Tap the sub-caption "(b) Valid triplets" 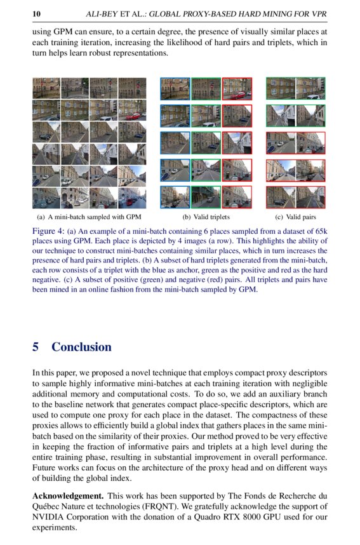click(206, 217)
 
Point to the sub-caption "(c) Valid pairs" click(295, 217)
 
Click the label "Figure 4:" click(48, 232)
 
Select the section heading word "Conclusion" click(81, 347)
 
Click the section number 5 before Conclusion click(36, 347)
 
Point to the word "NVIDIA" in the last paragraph click(48, 516)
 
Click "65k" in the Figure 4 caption click(321, 232)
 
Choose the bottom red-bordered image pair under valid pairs click(295, 198)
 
